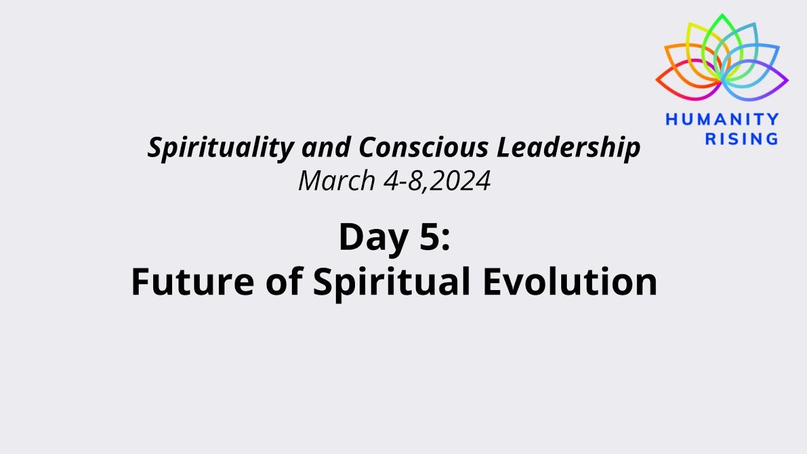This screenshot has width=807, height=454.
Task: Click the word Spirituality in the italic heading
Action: point(220,148)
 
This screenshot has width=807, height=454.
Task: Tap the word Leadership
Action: point(569,148)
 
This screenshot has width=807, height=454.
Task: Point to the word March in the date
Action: point(337,182)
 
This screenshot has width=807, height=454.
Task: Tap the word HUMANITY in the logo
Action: point(723,119)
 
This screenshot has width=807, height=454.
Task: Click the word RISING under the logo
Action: point(741,139)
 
